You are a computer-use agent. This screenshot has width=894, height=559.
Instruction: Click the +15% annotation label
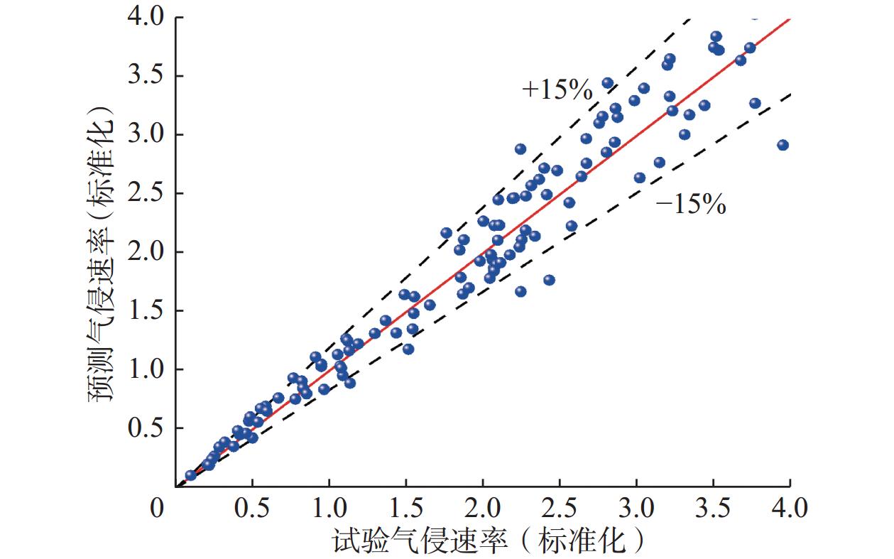[x=557, y=89]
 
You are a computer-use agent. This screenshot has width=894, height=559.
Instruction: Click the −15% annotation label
[x=690, y=205]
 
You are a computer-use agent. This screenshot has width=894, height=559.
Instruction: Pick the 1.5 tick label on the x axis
[x=405, y=509]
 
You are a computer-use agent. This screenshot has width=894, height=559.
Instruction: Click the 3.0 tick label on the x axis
[x=636, y=509]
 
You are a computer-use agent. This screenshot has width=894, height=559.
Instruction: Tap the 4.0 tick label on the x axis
[x=790, y=509]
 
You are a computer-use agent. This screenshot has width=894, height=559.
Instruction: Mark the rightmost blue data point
[x=783, y=145]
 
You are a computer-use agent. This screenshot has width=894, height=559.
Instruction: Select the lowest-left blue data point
[x=190, y=475]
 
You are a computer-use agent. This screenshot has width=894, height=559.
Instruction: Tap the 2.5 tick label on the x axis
[x=560, y=509]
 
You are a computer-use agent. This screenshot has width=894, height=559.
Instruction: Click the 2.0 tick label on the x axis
[x=483, y=509]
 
